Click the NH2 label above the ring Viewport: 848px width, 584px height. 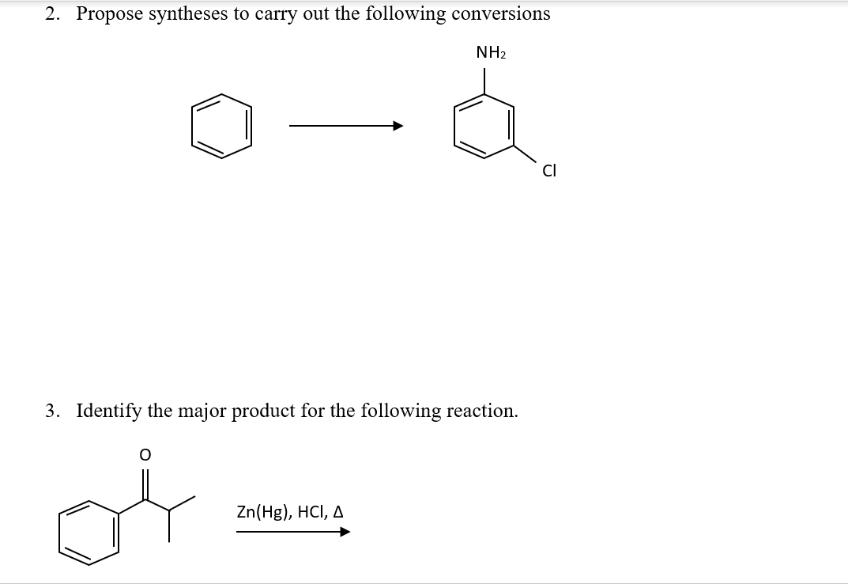point(491,53)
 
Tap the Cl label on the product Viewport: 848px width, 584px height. point(548,169)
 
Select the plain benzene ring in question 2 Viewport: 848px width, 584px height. point(220,126)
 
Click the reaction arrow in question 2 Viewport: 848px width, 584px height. point(346,126)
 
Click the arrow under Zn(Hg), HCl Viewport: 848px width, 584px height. point(292,532)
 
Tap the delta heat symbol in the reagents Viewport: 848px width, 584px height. point(337,512)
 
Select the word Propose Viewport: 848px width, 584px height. point(109,14)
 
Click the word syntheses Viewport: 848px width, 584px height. point(189,14)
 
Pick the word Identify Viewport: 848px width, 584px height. point(109,411)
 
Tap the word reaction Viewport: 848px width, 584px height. point(482,411)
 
